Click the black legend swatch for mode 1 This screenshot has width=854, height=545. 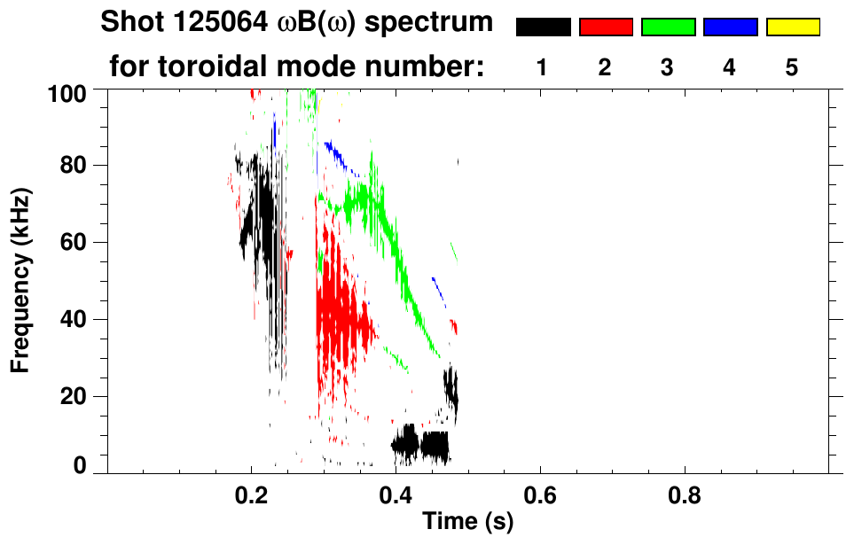click(x=543, y=27)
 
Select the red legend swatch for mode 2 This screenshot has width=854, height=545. click(x=606, y=27)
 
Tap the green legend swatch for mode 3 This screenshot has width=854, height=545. click(x=668, y=27)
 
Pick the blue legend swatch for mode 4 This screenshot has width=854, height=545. click(x=730, y=27)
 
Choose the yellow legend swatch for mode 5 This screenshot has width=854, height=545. click(x=792, y=27)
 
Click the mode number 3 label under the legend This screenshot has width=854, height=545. click(x=668, y=67)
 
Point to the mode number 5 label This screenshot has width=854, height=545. click(x=792, y=67)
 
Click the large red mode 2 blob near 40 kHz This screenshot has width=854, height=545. click(x=337, y=319)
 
